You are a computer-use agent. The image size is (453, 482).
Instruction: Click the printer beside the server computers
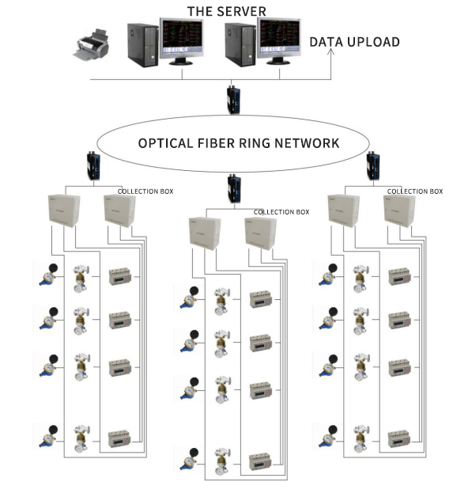point(91,45)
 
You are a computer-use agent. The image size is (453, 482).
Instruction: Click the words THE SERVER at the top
point(227,11)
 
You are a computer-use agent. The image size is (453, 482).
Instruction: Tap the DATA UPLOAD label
point(354,42)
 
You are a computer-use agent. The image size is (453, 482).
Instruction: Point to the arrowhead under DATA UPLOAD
point(330,51)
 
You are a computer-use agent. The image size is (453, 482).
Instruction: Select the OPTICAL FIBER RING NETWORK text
point(239,143)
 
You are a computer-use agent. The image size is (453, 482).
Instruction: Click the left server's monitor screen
point(182,36)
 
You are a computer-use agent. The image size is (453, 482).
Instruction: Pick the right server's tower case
point(240,45)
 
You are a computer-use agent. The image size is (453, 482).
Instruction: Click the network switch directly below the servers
point(233,100)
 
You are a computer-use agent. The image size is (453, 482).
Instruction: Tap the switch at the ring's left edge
point(93,165)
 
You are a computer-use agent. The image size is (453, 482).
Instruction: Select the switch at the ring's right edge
point(373,165)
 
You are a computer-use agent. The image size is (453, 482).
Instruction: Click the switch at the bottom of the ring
point(234,188)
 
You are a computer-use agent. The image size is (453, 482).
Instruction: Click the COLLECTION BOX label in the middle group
point(281,212)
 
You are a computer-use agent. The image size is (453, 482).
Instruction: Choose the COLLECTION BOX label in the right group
point(415,192)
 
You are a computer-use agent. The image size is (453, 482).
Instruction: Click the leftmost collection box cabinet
point(64,211)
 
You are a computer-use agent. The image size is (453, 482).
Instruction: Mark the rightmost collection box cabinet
point(399,211)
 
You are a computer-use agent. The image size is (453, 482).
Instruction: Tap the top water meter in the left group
point(48,275)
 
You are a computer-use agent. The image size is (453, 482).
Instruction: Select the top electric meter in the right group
point(399,276)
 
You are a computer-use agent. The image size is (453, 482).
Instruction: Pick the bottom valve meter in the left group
point(81,439)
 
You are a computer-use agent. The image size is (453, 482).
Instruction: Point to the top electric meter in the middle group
point(261,299)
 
